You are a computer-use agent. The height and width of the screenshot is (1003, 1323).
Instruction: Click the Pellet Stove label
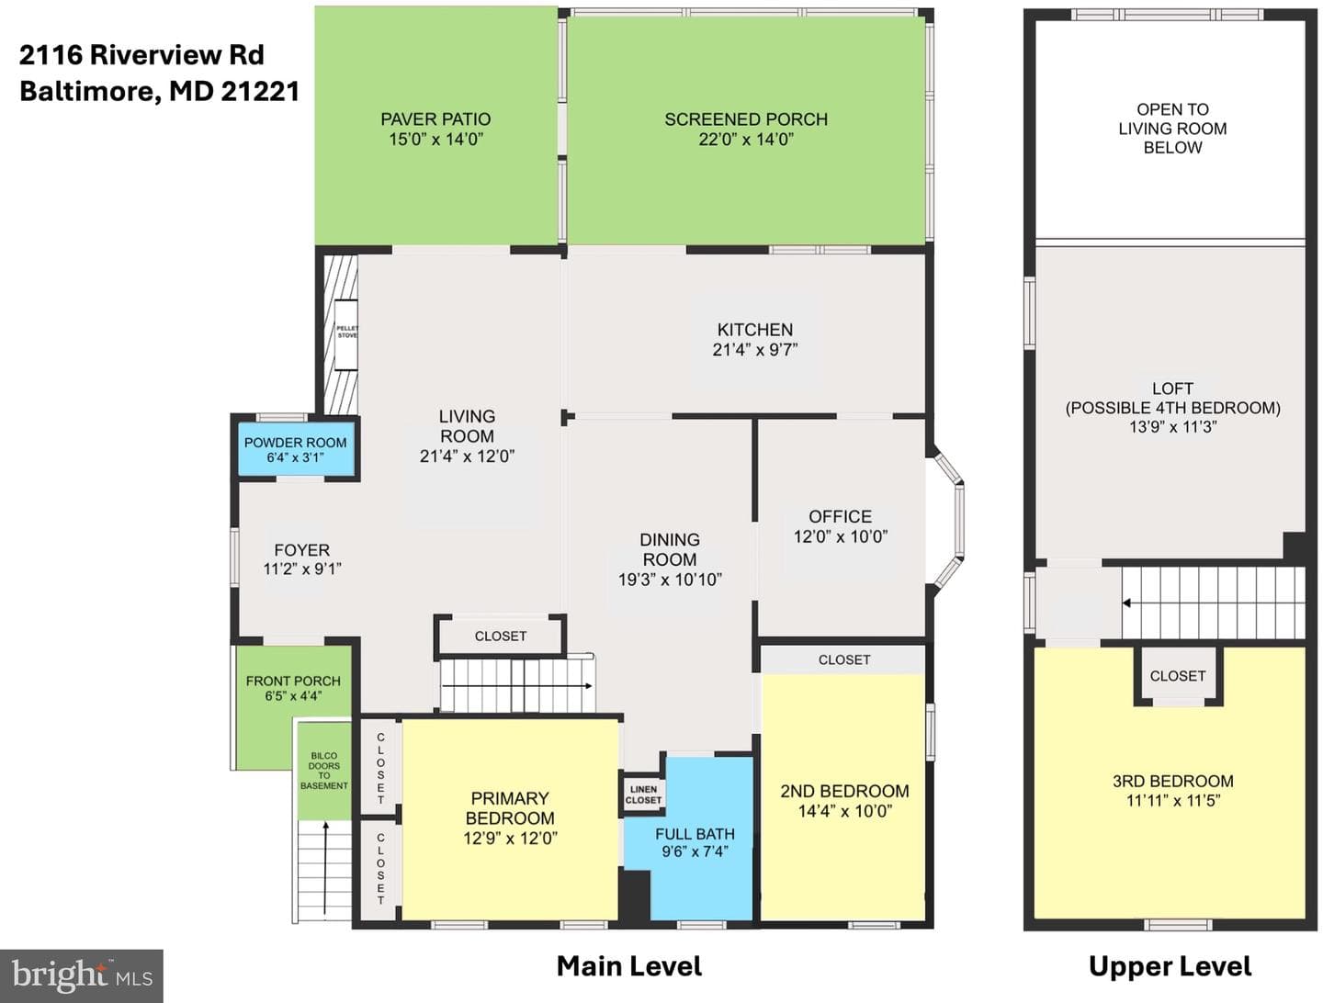(347, 332)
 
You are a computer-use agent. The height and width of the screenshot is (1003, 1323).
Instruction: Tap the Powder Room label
(295, 443)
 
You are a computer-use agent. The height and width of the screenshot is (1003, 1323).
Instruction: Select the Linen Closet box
(643, 795)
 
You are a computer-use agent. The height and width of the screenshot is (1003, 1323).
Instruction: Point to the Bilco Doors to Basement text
(324, 771)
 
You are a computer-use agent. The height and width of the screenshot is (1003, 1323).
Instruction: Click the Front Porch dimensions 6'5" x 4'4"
(293, 696)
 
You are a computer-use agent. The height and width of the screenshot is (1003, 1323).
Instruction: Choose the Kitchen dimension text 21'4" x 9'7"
(755, 349)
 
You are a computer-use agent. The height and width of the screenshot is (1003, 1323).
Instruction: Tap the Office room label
(841, 516)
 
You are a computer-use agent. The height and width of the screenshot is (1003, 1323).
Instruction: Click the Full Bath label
(695, 834)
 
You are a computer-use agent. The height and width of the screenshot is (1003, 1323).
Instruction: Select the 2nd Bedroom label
(844, 791)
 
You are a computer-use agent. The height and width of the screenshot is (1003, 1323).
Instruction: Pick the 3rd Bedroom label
(1173, 782)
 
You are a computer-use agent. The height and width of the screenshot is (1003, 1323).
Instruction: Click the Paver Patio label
(435, 119)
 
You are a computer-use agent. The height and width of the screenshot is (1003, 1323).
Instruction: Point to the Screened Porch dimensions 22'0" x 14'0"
(746, 140)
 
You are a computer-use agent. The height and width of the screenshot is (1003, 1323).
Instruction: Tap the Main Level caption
(629, 966)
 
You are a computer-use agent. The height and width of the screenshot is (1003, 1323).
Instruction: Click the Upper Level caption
(1170, 966)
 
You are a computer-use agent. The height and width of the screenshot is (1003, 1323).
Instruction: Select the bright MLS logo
(82, 975)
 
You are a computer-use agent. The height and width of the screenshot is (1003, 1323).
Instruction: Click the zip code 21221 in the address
(260, 92)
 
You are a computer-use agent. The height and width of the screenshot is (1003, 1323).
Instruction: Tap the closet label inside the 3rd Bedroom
(1178, 676)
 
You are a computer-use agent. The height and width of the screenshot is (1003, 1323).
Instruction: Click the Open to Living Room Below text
(1172, 129)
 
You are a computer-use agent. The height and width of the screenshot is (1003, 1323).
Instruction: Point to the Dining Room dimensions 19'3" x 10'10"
(670, 580)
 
